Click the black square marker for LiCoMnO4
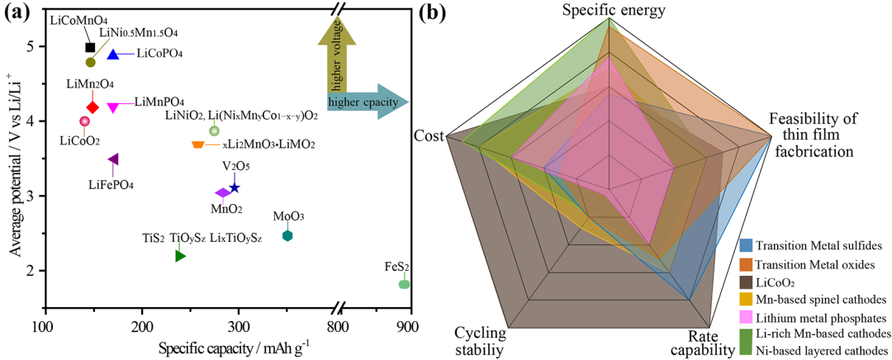point(91,48)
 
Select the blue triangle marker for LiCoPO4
point(113,54)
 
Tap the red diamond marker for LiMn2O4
point(93,107)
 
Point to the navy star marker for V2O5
point(235,187)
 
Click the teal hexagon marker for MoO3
point(287,236)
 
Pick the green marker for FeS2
point(404,284)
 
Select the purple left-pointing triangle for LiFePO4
point(113,159)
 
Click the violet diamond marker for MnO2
point(221,192)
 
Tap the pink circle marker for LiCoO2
point(84,121)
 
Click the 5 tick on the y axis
point(30,46)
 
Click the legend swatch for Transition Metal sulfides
point(746,246)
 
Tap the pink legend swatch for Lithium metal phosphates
point(746,316)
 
